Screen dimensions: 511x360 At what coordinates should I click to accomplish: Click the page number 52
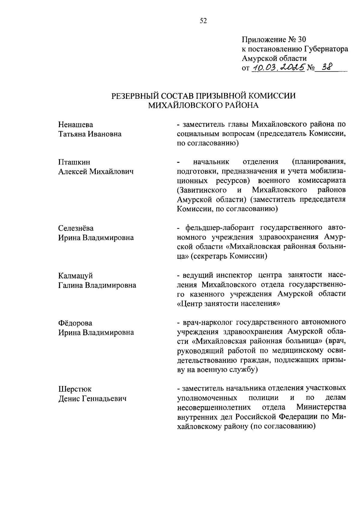(203, 21)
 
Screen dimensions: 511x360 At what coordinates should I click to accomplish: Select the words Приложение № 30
(273, 40)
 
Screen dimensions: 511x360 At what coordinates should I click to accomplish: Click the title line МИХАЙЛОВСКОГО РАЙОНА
(203, 105)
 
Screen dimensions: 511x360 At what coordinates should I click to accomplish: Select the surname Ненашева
(76, 124)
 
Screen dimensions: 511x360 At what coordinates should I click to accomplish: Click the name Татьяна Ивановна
(90, 134)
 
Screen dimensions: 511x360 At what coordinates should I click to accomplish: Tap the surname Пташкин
(74, 162)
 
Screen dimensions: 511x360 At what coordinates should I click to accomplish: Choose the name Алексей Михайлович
(96, 172)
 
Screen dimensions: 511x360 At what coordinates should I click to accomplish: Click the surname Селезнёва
(76, 228)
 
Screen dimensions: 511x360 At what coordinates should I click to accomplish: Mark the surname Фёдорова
(75, 323)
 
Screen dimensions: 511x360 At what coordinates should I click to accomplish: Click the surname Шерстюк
(75, 389)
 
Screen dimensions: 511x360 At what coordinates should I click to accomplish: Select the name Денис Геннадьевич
(92, 398)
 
